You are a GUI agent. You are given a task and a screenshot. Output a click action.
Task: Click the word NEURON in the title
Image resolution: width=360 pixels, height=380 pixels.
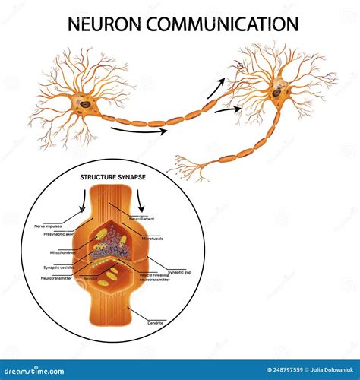[x=106, y=24]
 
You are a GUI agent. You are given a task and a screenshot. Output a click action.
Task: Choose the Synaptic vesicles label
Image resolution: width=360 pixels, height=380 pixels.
[x=59, y=268]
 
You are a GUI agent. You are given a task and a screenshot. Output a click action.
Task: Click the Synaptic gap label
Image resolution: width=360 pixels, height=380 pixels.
[x=181, y=271]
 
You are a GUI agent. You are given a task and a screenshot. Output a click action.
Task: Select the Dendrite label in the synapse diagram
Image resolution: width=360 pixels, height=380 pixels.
[x=157, y=323]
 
